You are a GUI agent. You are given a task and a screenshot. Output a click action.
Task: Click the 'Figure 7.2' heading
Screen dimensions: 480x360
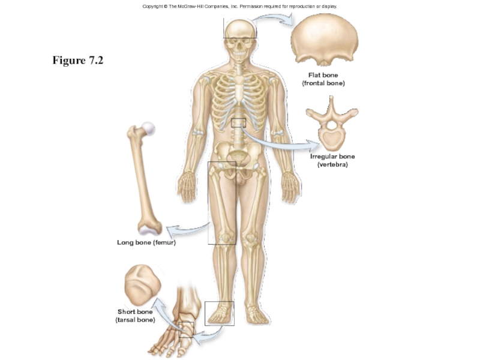pyautogui.click(x=78, y=60)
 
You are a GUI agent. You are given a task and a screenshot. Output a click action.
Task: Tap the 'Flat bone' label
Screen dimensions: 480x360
pyautogui.click(x=323, y=75)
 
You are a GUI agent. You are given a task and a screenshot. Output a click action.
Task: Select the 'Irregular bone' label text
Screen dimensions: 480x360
pyautogui.click(x=332, y=157)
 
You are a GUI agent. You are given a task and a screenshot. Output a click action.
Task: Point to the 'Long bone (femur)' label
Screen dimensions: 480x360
pyautogui.click(x=146, y=243)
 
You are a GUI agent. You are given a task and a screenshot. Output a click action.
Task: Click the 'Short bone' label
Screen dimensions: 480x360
pyautogui.click(x=135, y=312)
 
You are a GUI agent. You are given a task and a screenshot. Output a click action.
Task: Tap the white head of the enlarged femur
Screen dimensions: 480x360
pyautogui.click(x=146, y=128)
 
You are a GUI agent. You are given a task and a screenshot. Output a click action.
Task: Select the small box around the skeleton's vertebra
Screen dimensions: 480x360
pyautogui.click(x=239, y=122)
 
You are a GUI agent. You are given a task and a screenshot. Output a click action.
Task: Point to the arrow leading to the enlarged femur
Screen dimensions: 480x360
pyautogui.click(x=186, y=229)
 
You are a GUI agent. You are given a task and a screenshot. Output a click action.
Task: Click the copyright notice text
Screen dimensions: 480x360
pyautogui.click(x=240, y=6)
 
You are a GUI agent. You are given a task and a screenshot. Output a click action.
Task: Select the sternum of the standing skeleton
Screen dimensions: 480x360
pyautogui.click(x=240, y=90)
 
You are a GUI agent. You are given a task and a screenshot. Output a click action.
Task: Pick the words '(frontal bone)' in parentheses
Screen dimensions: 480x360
pyautogui.click(x=323, y=83)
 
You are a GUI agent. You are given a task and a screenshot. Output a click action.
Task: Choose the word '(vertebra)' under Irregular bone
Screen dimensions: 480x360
pyautogui.click(x=332, y=164)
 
